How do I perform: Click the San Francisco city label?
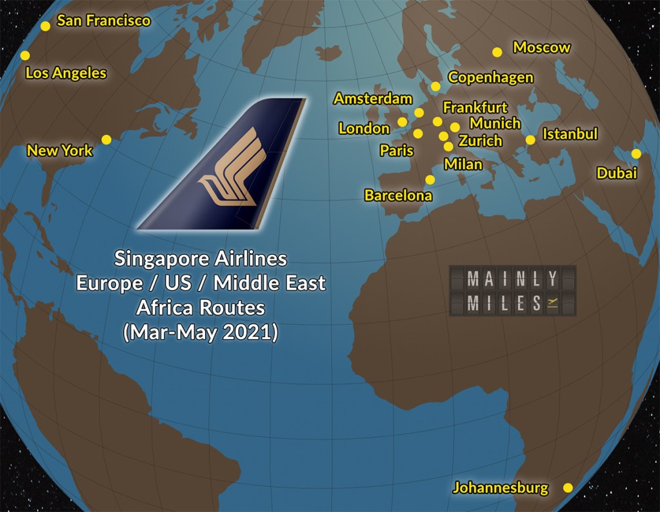pos(103,21)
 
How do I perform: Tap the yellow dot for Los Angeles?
pos(25,55)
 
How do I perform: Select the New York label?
pos(60,151)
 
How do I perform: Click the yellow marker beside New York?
pos(106,139)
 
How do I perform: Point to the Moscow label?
pos(541,47)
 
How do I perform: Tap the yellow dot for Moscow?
pos(497,52)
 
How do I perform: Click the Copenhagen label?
pos(490,77)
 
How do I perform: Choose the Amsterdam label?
pos(372,99)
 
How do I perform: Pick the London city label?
pos(364,129)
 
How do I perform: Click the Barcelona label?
pos(398,195)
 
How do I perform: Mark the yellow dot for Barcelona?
pos(430,179)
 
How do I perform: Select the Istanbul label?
pos(570,134)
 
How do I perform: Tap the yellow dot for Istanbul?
pos(530,139)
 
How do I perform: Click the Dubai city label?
pos(617,173)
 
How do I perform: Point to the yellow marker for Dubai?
pos(636,153)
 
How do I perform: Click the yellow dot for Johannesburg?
pos(568,488)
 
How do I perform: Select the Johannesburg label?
pos(500,487)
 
